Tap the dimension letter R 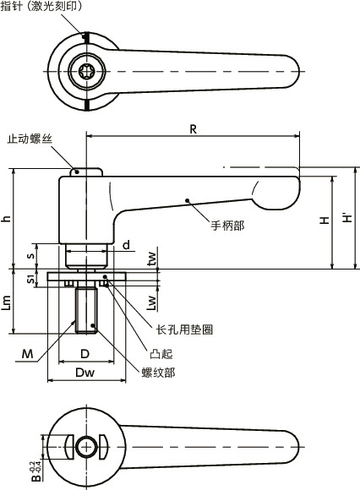click(193, 129)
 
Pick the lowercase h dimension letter click(7, 218)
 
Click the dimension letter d click(125, 244)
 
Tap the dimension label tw click(151, 257)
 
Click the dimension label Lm click(7, 302)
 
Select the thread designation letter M click(29, 354)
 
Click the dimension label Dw click(85, 372)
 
